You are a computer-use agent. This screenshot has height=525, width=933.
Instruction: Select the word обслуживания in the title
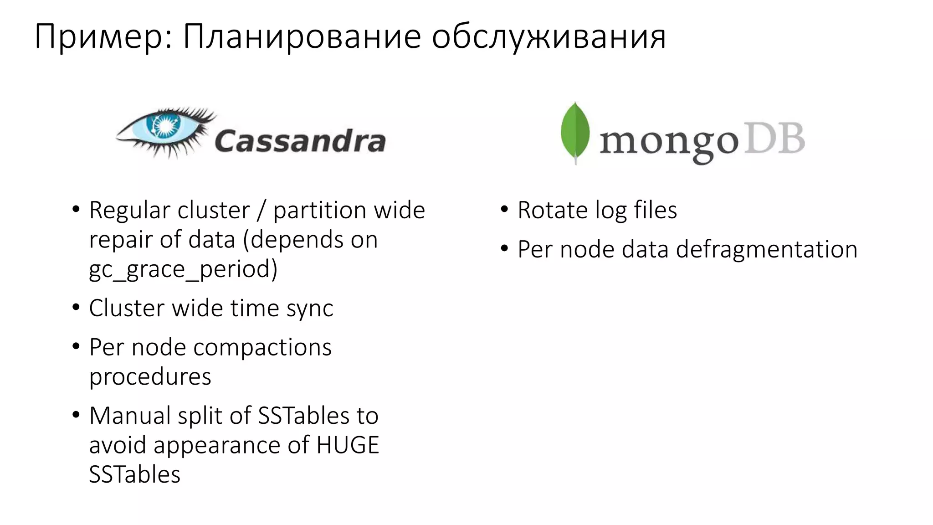[549, 36]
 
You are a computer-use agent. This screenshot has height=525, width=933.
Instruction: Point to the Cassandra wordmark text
[300, 141]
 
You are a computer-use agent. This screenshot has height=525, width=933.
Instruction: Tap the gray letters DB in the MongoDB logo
[774, 139]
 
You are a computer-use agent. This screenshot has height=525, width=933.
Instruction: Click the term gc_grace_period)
[183, 269]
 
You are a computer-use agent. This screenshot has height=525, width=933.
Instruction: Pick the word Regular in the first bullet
[130, 211]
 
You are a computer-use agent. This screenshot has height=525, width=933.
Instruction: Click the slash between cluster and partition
[261, 211]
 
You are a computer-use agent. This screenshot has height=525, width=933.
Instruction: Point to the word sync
[310, 309]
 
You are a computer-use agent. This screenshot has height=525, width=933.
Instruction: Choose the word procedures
[150, 377]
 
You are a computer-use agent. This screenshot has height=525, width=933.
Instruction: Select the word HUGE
[348, 445]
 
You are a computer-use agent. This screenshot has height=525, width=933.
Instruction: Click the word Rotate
[553, 211]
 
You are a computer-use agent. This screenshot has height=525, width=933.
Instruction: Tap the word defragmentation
[766, 250]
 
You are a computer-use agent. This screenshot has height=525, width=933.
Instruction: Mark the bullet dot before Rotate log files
[504, 210]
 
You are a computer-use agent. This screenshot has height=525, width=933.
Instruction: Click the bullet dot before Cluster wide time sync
[76, 308]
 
